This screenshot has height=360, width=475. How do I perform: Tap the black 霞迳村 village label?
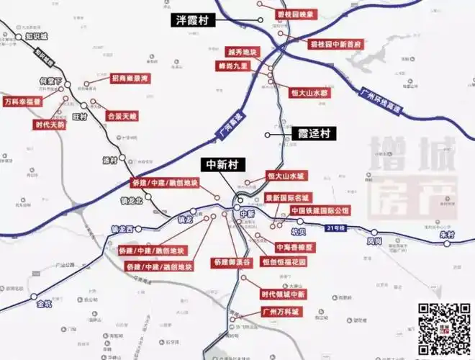[314, 133]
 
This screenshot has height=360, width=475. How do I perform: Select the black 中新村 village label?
[222, 163]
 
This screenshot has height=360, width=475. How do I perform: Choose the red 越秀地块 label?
[241, 52]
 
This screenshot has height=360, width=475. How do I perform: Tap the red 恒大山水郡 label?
[309, 93]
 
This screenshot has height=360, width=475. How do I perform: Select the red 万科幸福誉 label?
[22, 102]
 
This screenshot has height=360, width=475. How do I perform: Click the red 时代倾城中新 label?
[283, 294]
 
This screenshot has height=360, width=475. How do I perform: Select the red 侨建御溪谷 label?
[230, 262]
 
